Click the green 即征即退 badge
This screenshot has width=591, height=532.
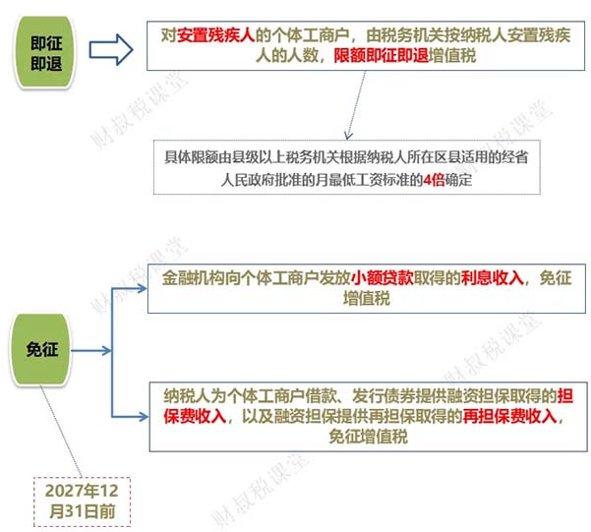[x=44, y=52]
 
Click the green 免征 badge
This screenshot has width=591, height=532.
[x=40, y=349]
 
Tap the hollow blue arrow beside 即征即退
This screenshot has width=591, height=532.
[x=111, y=50]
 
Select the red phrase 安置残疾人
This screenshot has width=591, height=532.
[x=216, y=35]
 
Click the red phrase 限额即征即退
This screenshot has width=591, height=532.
[x=382, y=56]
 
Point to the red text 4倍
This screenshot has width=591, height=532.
[x=435, y=180]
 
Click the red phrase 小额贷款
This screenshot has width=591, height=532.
[x=383, y=278]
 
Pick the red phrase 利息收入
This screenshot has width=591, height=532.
[x=493, y=278]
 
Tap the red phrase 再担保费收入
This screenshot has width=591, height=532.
[x=510, y=416]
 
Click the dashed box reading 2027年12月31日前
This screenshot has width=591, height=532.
[x=83, y=502]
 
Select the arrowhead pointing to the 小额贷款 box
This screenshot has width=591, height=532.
[x=143, y=289]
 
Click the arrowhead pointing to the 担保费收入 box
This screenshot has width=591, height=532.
[x=143, y=417]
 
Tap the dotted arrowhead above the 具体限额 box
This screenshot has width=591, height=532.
[x=349, y=136]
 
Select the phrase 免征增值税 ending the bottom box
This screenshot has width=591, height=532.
[x=368, y=437]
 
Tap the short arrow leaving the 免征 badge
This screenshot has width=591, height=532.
[x=91, y=351]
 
